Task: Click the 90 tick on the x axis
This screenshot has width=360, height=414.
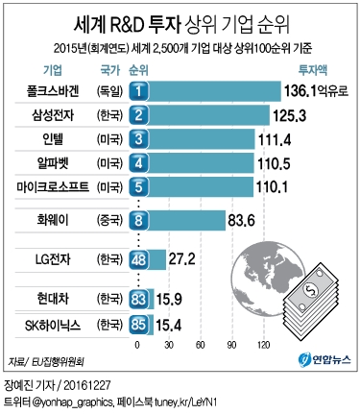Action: click(230, 343)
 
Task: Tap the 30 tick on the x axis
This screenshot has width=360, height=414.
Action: click(169, 343)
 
